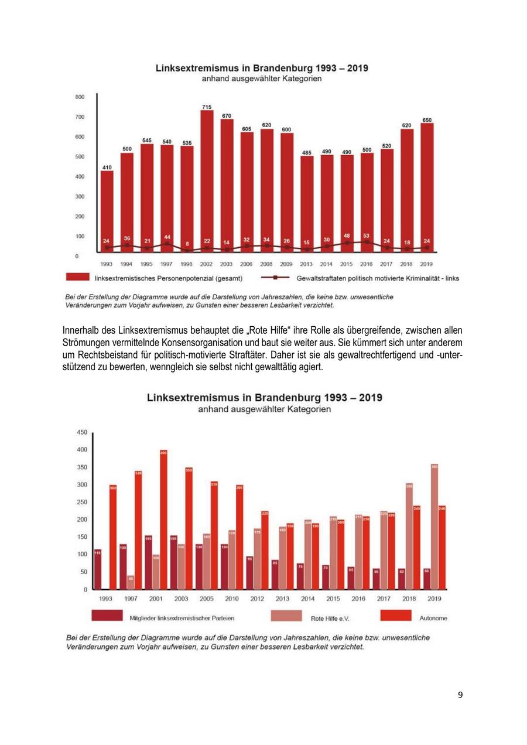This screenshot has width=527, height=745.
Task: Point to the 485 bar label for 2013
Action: click(306, 152)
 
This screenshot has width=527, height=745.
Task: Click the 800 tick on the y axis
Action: click(80, 97)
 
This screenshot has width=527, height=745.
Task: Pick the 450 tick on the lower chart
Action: click(82, 432)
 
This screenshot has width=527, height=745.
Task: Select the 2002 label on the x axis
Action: click(206, 264)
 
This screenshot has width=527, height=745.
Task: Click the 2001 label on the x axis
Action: click(155, 599)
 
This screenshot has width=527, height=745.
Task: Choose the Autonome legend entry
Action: click(433, 617)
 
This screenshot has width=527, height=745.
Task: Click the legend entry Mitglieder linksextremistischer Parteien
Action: click(179, 617)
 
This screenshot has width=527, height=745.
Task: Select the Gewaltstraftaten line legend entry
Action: click(378, 278)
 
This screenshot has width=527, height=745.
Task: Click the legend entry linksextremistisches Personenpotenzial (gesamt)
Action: click(169, 278)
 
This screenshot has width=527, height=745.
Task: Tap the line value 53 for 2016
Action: click(367, 235)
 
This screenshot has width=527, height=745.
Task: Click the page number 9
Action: click(460, 695)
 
